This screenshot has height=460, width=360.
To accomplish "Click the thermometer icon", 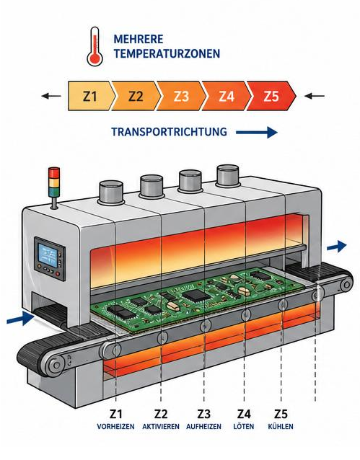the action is pyautogui.click(x=95, y=46).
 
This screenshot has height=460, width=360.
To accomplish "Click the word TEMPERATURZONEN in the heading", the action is pyautogui.click(x=167, y=53).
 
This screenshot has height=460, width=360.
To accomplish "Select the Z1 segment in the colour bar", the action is pyautogui.click(x=90, y=96).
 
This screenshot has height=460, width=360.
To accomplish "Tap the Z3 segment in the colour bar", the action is pyautogui.click(x=181, y=96).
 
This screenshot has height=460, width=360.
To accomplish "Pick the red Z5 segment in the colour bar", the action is pyautogui.click(x=271, y=96).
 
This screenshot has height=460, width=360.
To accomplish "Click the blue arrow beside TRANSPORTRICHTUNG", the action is pyautogui.click(x=257, y=133).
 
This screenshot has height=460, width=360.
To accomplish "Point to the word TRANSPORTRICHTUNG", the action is pyautogui.click(x=169, y=132).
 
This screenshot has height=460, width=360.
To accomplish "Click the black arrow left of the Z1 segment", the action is pyautogui.click(x=51, y=96).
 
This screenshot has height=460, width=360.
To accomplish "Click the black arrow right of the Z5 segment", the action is pyautogui.click(x=315, y=96).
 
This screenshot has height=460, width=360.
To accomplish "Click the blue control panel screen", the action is pyautogui.click(x=46, y=255).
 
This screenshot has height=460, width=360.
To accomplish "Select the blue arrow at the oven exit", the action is pyautogui.click(x=337, y=247).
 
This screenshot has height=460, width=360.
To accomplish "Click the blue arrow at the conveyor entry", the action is pyautogui.click(x=20, y=318).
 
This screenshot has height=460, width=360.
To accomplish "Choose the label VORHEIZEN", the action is pyautogui.click(x=115, y=426).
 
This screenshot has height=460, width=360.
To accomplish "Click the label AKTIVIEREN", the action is pyautogui.click(x=161, y=426).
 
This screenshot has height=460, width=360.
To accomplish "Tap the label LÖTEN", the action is pyautogui.click(x=244, y=426).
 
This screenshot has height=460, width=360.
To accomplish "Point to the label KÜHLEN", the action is pyautogui.click(x=281, y=426).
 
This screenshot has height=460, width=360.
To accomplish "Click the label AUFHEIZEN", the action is pyautogui.click(x=203, y=426).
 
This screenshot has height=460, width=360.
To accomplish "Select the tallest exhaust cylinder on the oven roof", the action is pyautogui.click(x=228, y=176).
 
